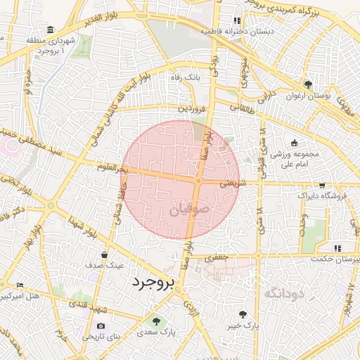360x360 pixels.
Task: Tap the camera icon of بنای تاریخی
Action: tap(101, 326)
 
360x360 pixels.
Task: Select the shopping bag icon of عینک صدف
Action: tap(104, 255)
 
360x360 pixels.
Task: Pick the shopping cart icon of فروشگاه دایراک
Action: tap(322, 186)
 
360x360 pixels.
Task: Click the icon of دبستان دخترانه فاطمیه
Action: tap(237, 21)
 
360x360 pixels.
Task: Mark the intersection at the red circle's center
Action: tap(199, 181)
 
